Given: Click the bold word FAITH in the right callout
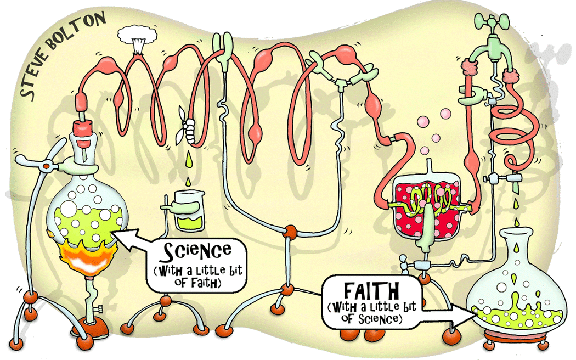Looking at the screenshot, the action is point(371,291).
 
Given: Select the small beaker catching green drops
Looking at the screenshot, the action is point(189,210).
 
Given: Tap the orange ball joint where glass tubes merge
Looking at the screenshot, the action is point(290,232).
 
